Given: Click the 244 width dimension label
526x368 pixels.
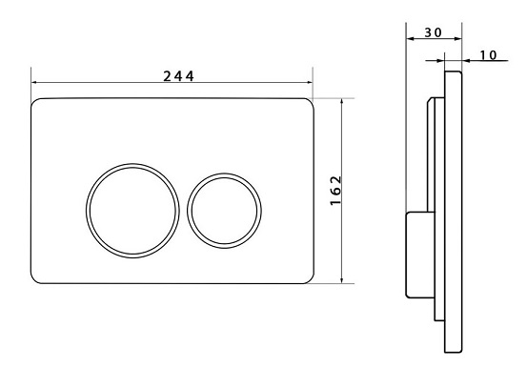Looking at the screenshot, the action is (178, 76).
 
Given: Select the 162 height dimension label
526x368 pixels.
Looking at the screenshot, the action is (335, 191).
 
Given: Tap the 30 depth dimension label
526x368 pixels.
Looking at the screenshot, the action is (434, 32).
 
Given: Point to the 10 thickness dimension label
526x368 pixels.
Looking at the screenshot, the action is (488, 55).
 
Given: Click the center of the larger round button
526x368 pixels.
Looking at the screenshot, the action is (132, 211).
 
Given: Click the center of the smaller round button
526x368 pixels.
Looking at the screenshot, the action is (225, 211).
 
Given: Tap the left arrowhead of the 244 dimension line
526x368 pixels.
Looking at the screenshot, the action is (33, 82).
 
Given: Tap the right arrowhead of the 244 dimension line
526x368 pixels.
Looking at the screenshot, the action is (310, 82).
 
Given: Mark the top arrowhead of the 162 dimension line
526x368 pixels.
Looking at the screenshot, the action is (341, 101).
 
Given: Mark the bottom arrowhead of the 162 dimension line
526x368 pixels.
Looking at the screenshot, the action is (341, 280).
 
